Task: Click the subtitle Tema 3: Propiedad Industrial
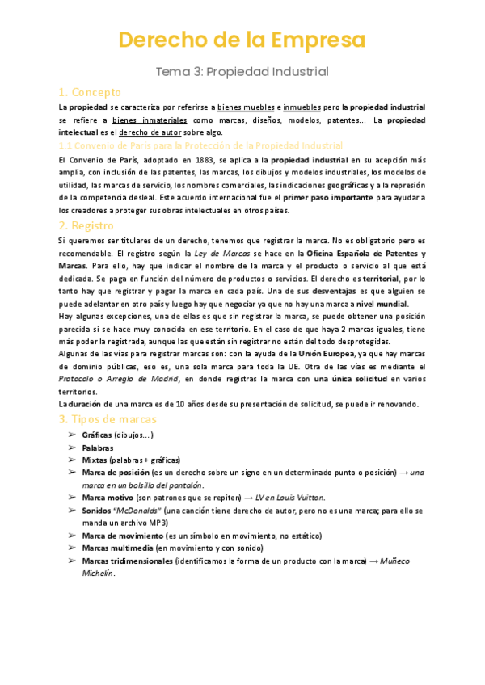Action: coord(242,71)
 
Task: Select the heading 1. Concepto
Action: coord(90,92)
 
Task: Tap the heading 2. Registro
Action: coord(88,225)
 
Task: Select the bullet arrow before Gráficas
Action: coord(71,435)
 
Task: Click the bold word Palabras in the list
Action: coord(98,447)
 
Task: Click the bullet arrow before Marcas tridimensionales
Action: coord(71,561)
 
